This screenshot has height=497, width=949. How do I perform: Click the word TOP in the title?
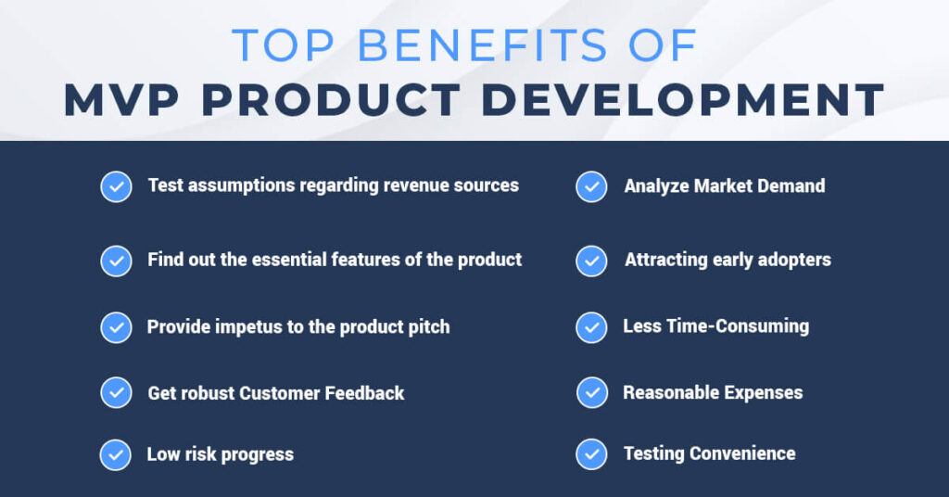coord(284,45)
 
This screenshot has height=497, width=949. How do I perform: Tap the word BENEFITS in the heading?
coord(482,45)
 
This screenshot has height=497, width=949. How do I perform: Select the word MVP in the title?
coord(121,100)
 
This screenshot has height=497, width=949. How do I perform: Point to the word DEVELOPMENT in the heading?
coord(683,100)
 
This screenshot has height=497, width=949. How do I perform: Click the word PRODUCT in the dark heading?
coord(331,100)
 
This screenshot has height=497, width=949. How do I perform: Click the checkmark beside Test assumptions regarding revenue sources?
coord(116,186)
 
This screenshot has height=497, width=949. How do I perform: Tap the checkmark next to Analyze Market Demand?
coord(591,186)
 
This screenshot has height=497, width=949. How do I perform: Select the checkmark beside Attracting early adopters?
coord(591,261)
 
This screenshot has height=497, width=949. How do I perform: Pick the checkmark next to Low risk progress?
coord(116,454)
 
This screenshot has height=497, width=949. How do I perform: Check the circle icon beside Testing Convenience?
coord(591,454)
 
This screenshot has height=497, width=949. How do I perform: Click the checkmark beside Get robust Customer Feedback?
coord(116,392)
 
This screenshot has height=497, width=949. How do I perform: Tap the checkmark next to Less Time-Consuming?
coord(591,327)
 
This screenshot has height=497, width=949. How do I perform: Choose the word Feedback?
coord(364,393)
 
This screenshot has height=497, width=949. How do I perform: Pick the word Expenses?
coord(764,393)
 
